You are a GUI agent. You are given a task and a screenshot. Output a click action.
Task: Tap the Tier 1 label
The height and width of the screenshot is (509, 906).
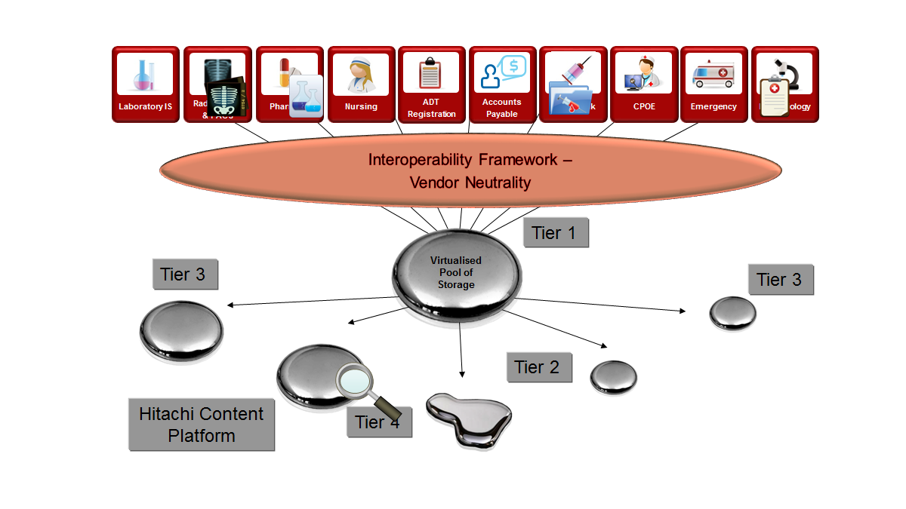pyautogui.click(x=556, y=233)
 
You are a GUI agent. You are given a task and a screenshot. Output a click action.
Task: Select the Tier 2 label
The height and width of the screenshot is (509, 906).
pyautogui.click(x=538, y=367)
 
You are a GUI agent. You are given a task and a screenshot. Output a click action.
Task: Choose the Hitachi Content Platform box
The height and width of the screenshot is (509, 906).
pyautogui.click(x=202, y=425)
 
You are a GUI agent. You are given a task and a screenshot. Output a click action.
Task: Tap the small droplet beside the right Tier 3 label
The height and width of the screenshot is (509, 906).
pyautogui.click(x=732, y=313)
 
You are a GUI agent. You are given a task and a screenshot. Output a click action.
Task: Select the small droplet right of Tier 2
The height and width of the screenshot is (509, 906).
pyautogui.click(x=613, y=377)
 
